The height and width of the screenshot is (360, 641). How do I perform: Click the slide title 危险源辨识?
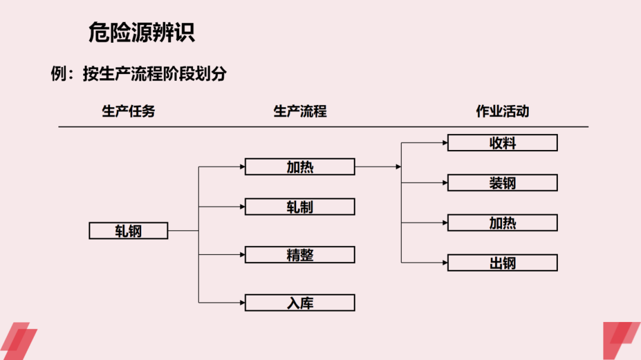point(141,33)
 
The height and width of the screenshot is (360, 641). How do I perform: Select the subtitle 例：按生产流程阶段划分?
point(138,74)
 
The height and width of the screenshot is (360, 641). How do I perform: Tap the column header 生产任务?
point(128,111)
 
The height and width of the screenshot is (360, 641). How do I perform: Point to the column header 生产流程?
point(300,111)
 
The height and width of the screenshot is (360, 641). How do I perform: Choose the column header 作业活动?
point(502,111)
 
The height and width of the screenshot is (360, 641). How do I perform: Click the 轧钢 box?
point(128,230)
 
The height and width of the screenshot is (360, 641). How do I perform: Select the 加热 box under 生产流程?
point(300,167)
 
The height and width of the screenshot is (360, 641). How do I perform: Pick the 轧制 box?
point(300,206)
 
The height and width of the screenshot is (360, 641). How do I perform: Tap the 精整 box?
point(300,254)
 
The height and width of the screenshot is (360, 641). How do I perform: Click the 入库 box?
point(300,302)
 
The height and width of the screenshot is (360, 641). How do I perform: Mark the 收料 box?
point(502,143)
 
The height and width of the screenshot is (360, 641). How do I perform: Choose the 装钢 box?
point(502,183)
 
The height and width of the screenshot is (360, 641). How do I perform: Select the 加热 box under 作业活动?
point(502,222)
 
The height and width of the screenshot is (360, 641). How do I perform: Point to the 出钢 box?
point(502,263)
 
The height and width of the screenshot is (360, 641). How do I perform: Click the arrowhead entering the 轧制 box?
point(242,206)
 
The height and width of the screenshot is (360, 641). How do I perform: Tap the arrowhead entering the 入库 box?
point(242,302)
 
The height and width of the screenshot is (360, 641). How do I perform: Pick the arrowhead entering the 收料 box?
point(445,143)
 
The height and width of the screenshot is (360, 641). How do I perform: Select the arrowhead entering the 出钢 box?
point(445,263)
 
